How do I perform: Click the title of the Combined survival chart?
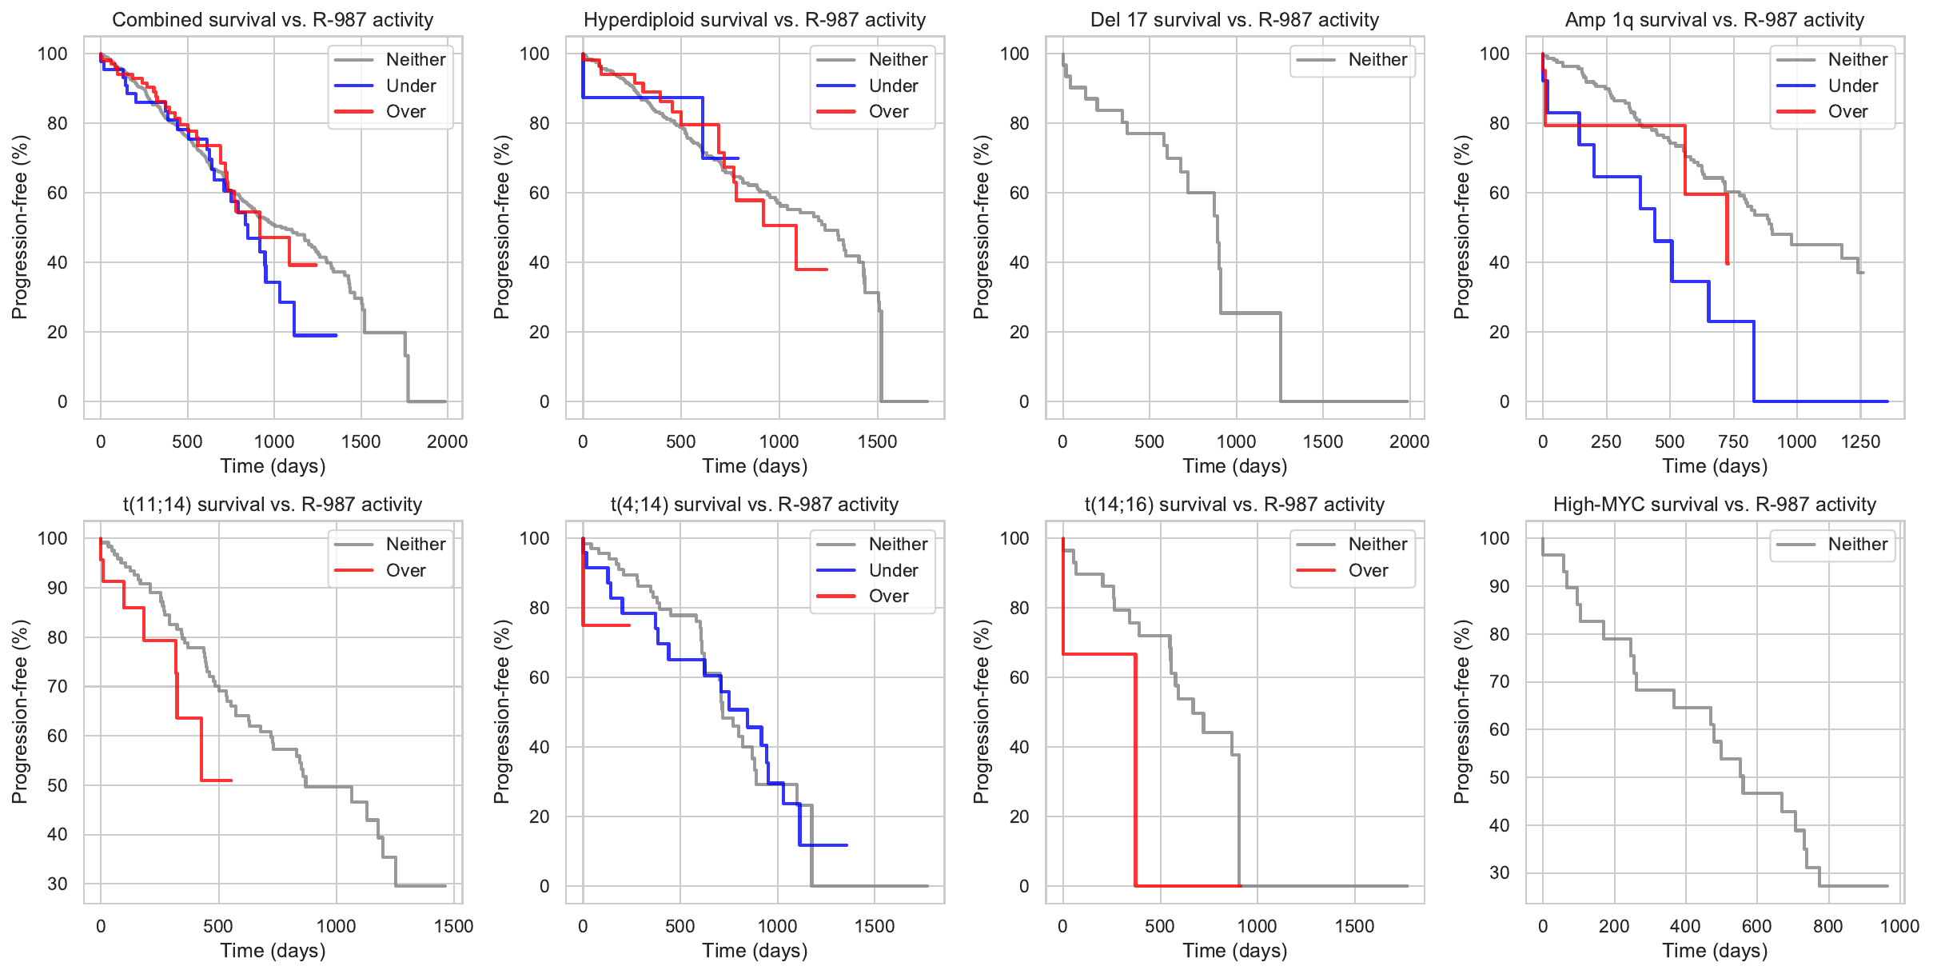tap(273, 20)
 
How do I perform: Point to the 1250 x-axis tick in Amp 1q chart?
tap(1860, 441)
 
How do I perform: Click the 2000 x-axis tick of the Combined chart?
tap(447, 441)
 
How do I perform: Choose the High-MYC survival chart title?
tap(1714, 505)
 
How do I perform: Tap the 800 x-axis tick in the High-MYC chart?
tap(1827, 926)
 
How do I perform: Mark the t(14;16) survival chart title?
tap(1234, 505)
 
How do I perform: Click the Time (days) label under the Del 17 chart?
tap(1234, 466)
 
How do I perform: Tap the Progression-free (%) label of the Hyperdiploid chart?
tap(501, 227)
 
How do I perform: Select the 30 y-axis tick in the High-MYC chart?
tap(1499, 872)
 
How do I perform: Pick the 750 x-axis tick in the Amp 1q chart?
tap(1733, 441)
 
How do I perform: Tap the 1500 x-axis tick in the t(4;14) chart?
tap(874, 926)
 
